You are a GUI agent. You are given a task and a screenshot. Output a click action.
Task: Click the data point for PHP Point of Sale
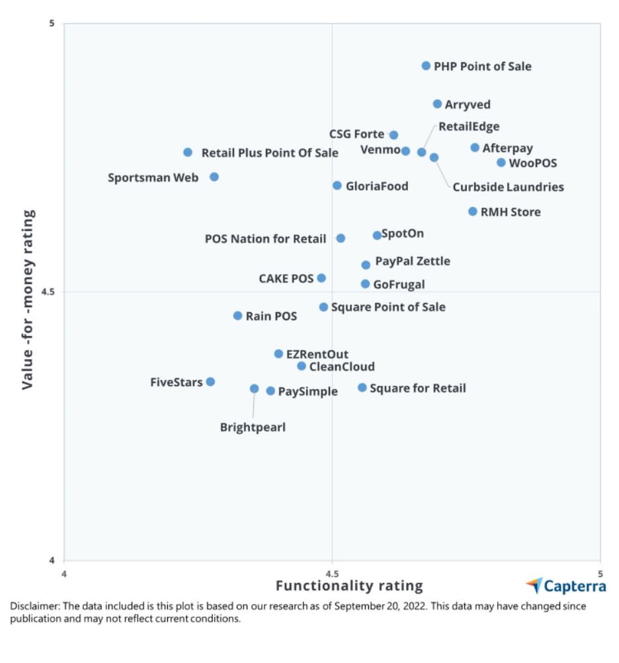[426, 66]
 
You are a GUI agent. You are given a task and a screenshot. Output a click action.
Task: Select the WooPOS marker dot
[501, 162]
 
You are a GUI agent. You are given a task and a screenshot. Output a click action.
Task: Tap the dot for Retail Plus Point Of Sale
[188, 152]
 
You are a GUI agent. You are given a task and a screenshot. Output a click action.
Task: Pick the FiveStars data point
[210, 381]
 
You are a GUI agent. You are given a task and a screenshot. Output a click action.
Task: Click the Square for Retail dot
[362, 387]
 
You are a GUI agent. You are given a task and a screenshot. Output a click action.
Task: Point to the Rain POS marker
[237, 316]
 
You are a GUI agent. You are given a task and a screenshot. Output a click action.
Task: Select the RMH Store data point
[473, 211]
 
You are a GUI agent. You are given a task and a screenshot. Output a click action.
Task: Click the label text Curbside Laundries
[508, 187]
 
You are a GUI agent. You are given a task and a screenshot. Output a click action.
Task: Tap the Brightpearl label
[253, 427]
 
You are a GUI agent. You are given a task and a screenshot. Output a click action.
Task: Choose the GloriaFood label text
[377, 187]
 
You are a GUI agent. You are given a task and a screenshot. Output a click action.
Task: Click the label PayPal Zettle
[413, 261]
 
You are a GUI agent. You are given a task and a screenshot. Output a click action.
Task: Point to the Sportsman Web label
[153, 178]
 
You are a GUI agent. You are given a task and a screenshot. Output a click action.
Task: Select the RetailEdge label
[469, 127]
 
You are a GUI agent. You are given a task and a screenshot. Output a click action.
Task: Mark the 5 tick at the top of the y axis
[52, 24]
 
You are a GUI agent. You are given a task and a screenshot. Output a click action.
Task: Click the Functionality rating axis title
[349, 586]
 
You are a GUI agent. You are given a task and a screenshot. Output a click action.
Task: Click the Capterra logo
[565, 586]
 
